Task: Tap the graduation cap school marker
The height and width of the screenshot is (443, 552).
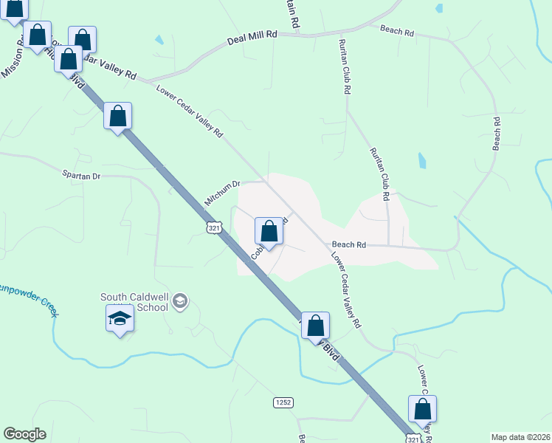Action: [x=120, y=320]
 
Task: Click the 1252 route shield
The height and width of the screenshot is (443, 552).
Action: [x=283, y=402]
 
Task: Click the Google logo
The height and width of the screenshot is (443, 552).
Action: [x=24, y=434]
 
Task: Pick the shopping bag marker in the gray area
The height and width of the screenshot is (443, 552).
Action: [x=269, y=231]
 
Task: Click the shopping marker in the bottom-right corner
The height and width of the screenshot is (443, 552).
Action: [x=423, y=409]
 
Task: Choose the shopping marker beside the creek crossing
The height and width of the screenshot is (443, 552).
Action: [x=315, y=325]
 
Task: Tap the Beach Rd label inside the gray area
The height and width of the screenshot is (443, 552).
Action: [x=349, y=244]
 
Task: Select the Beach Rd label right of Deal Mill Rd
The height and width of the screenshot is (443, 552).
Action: [x=398, y=31]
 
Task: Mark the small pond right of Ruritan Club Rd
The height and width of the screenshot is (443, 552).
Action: [x=421, y=160]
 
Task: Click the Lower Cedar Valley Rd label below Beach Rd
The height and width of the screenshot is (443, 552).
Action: [x=345, y=291]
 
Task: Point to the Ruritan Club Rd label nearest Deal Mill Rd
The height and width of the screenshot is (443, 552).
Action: [x=345, y=66]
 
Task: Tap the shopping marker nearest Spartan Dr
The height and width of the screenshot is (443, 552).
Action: [x=118, y=116]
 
